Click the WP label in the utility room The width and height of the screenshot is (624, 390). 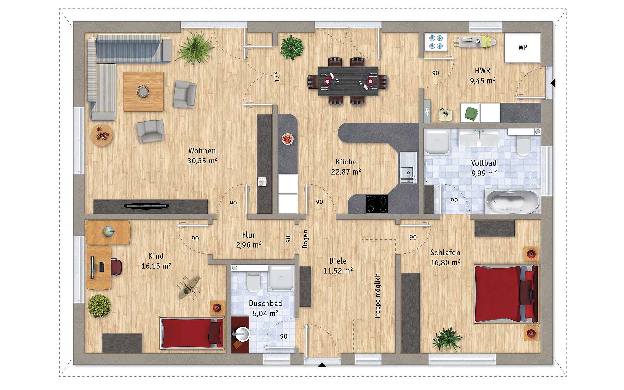523,47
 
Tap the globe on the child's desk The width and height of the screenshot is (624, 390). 109,232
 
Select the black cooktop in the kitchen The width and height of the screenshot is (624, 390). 377,204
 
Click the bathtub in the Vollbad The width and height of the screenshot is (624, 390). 512,201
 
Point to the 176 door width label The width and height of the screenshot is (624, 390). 277,77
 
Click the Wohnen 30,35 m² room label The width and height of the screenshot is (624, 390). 202,156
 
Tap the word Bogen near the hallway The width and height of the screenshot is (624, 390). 305,239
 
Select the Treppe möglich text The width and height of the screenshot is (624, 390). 377,296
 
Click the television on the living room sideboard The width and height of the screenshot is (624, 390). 147,206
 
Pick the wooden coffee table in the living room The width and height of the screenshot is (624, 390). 143,92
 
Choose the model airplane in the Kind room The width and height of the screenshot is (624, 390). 189,287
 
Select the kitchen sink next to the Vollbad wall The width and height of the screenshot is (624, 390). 408,168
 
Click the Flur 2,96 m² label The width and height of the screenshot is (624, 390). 249,240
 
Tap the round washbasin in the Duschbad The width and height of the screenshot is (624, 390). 241,334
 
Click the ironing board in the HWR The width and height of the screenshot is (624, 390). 475,42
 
